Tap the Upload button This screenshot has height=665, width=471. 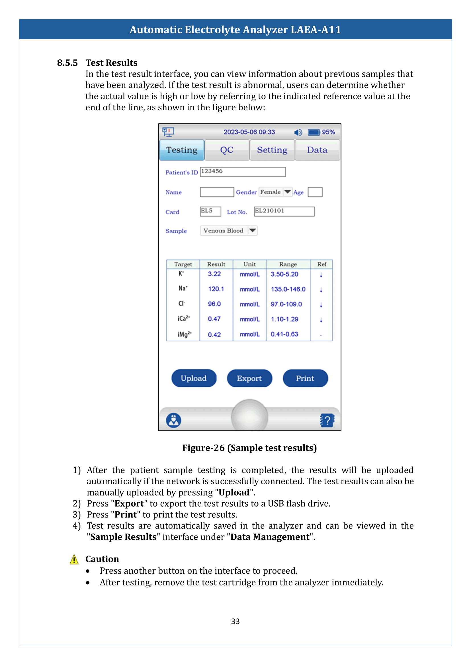tap(194, 378)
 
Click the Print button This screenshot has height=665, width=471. tap(305, 378)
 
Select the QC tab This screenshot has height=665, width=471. tap(227, 150)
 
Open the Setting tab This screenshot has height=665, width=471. tap(272, 150)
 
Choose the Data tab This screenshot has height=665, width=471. tap(317, 150)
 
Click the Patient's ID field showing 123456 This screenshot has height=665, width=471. tap(242, 172)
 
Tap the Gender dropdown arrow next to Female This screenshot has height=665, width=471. tap(287, 192)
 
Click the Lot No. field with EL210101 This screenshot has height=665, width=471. tap(284, 211)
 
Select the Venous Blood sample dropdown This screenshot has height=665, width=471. tap(229, 231)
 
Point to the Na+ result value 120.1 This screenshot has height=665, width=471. tap(216, 289)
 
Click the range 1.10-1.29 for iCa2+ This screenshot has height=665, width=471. tap(284, 319)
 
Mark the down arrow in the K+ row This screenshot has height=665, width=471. tap(321, 275)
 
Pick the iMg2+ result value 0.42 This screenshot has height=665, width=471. tap(214, 335)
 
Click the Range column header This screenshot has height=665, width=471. tap(288, 264)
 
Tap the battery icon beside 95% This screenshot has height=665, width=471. tap(314, 132)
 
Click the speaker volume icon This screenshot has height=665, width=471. tap(298, 132)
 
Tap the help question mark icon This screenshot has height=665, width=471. tap(327, 420)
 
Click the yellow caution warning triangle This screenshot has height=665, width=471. tap(74, 559)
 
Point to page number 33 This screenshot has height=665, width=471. tap(235, 621)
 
